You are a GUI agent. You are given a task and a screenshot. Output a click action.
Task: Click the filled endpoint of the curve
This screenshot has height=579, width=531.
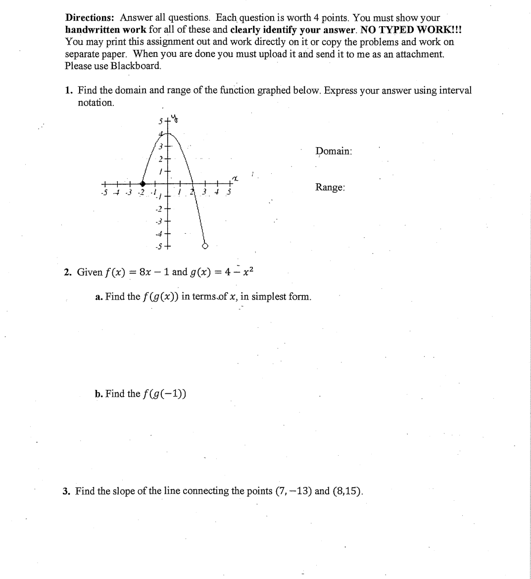pyautogui.click(x=143, y=183)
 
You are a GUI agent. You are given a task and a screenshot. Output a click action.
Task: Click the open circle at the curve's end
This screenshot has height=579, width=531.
pyautogui.click(x=205, y=246)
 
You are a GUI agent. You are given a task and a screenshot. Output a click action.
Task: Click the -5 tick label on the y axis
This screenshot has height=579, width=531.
pyautogui.click(x=158, y=246)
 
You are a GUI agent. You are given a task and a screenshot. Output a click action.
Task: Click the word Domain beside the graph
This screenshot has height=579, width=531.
pyautogui.click(x=334, y=151)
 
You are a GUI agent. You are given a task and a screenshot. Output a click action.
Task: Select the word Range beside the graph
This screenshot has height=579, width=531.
pyautogui.click(x=330, y=187)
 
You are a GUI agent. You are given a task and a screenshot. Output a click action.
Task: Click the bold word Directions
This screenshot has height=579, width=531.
pyautogui.click(x=91, y=18)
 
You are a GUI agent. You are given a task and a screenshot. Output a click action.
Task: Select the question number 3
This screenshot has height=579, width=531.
pyautogui.click(x=66, y=491)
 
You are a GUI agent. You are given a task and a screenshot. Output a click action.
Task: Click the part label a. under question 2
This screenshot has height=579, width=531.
pyautogui.click(x=98, y=297)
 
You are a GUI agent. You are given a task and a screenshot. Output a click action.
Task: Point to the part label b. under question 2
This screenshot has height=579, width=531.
pyautogui.click(x=98, y=394)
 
